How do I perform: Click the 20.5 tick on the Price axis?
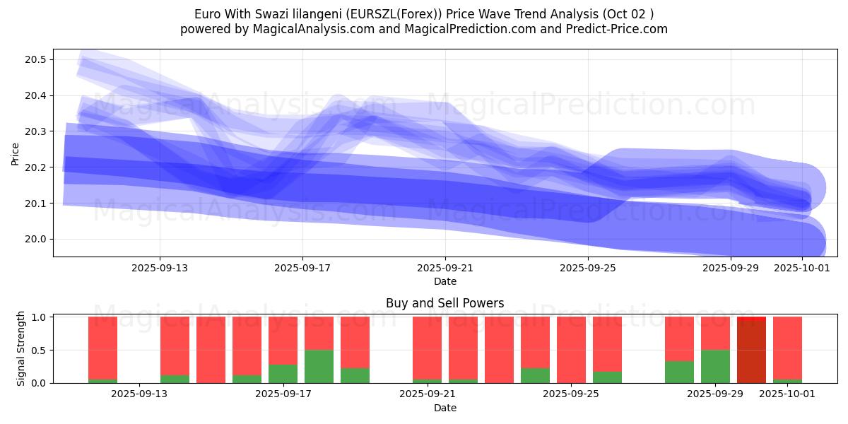point(36,59)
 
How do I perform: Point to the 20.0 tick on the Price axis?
point(36,239)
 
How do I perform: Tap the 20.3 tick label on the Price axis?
point(36,131)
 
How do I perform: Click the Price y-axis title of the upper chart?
point(16,153)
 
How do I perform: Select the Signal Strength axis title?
point(21,348)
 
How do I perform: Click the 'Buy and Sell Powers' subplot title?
point(444,303)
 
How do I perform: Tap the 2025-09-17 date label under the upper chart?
point(302,268)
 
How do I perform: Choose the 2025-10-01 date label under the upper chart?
point(802,268)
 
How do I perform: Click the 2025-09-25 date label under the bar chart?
point(571,394)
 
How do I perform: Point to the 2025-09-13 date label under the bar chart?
point(139,394)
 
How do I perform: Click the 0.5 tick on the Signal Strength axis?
point(40,350)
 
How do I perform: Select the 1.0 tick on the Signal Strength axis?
point(40,317)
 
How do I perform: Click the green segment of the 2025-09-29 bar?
point(715,366)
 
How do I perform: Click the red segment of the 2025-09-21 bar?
point(427,348)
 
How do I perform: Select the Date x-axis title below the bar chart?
point(444,408)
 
